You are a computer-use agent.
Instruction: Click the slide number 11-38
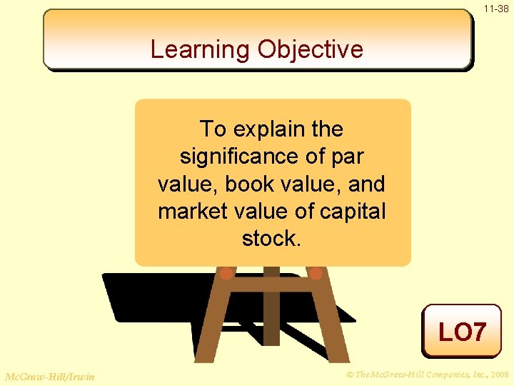tap(496, 9)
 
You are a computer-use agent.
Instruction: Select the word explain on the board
tap(271, 129)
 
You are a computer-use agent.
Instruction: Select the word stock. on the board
tap(272, 239)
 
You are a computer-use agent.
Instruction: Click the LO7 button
tap(462, 332)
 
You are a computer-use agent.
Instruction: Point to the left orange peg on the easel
tap(226, 272)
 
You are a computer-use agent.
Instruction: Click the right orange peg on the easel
tap(316, 272)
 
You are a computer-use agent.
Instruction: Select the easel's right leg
tap(331, 322)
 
